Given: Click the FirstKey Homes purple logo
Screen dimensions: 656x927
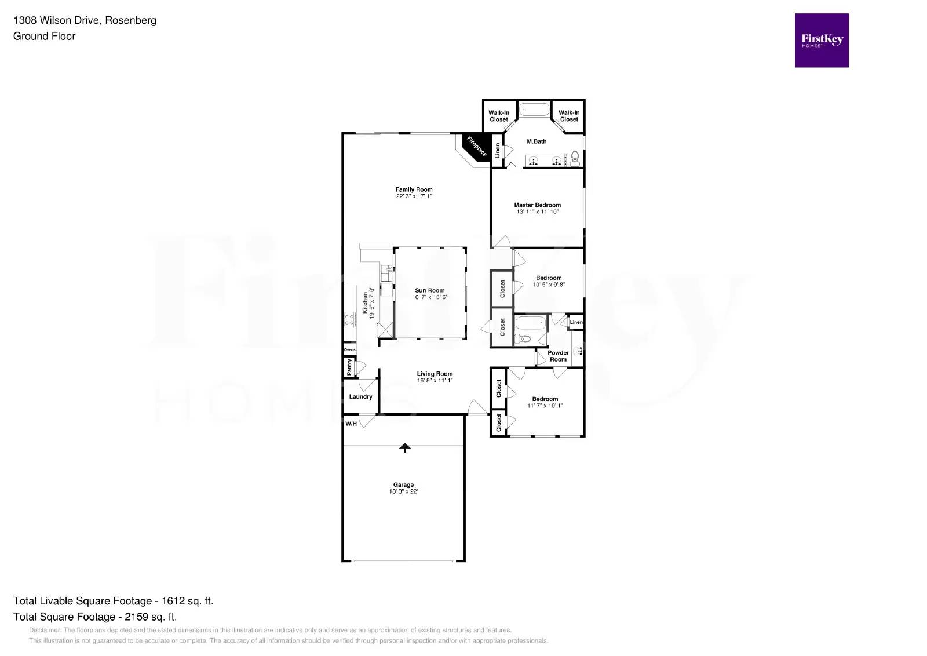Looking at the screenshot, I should [x=821, y=40].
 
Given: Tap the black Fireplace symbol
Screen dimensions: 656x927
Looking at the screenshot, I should [x=476, y=147].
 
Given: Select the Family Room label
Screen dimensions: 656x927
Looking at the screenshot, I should [x=414, y=189].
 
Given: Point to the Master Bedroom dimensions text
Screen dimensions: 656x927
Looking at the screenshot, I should [x=537, y=212].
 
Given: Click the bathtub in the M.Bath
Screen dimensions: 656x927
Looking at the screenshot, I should [x=534, y=110].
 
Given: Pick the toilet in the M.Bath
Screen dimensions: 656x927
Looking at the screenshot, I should [x=575, y=158].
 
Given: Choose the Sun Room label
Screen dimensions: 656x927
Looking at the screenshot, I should [x=429, y=290].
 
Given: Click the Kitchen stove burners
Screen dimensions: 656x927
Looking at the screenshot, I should [x=349, y=319].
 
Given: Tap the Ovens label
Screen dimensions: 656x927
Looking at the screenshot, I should [x=349, y=350].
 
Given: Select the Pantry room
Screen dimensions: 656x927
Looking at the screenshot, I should [x=349, y=367].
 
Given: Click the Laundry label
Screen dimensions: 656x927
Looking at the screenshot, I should [x=360, y=397].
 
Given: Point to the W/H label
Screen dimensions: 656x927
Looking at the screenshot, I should [x=351, y=424].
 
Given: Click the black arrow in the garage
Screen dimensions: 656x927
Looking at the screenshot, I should [x=404, y=447].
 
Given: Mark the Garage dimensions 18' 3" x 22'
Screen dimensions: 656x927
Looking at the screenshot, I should [x=403, y=491].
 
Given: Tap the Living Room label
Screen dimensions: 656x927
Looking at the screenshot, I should [x=435, y=374].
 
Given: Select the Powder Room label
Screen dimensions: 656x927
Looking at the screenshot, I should [x=558, y=356].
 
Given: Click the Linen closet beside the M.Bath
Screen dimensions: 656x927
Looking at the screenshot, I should [x=497, y=151].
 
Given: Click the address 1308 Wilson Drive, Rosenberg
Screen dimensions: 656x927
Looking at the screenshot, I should [x=85, y=21].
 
